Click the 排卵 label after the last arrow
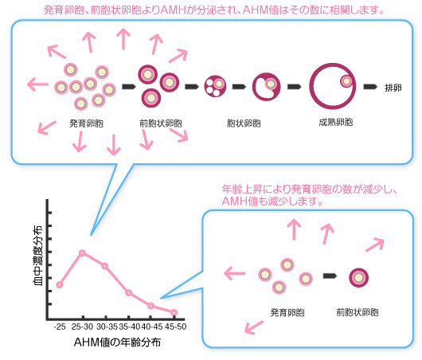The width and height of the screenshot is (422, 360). pos(393,88)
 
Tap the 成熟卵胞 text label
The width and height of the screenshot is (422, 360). pos(335,122)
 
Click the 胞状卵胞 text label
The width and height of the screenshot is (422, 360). pos(244,123)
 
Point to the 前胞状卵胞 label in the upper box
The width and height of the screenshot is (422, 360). pos(161,123)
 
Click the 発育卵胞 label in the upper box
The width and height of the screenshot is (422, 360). pos(87,123)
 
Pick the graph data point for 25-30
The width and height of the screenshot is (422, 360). pos(82,252)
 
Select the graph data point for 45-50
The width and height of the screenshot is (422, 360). pos(174,312)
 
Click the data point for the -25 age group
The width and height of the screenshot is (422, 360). pos(60,284)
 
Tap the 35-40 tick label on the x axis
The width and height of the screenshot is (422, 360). pos(130,327)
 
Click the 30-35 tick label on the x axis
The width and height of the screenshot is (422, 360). pos(107,327)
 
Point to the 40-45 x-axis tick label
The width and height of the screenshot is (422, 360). pos(152,327)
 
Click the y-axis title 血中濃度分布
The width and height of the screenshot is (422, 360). pos(37,255)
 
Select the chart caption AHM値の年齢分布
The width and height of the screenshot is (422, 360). pos(117,342)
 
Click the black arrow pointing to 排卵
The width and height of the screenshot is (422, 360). pos(370,87)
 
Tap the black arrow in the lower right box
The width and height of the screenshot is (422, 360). pos(330,276)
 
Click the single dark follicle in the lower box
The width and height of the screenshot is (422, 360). pos(358,278)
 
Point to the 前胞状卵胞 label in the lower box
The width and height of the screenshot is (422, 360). pos(358,312)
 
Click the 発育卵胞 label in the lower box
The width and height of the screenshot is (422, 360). pos(287,312)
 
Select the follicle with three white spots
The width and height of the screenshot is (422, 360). pos(215,86)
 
